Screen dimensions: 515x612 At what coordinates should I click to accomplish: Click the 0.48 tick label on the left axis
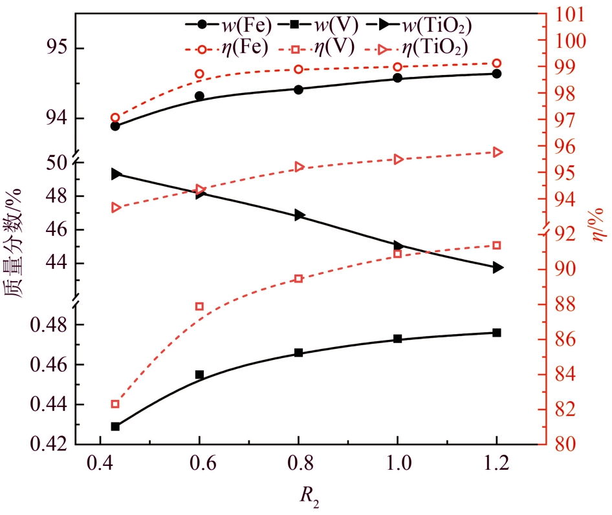point(47,325)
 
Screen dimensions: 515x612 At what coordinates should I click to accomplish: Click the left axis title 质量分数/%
point(16,245)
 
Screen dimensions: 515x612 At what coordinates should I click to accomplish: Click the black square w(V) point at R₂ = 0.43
point(115,426)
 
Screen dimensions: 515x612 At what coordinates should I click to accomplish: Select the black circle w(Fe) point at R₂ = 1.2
point(496,74)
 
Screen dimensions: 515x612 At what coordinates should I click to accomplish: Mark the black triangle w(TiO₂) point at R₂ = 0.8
point(299,215)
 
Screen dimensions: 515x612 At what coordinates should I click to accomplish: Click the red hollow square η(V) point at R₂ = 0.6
point(199,306)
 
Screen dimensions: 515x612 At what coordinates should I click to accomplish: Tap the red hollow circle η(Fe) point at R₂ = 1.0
point(397,67)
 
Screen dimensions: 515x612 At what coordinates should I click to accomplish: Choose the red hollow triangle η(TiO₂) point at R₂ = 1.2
point(497,152)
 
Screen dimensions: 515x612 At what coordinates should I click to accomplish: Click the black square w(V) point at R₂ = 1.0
point(397,339)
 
